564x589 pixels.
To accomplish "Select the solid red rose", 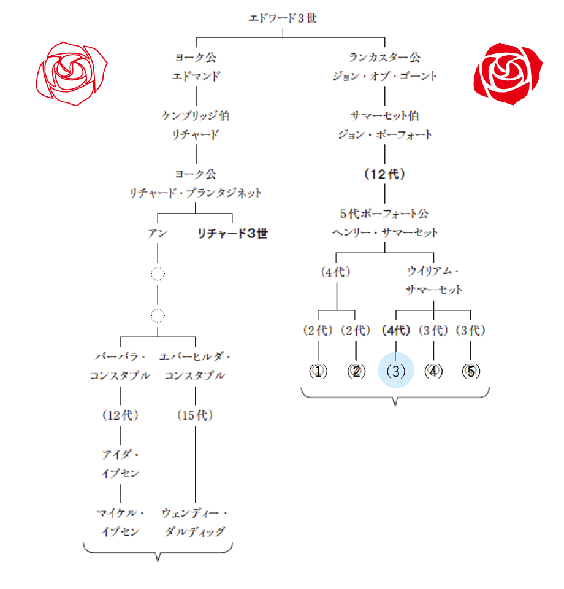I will coord(508,72).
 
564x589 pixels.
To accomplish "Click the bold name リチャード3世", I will coord(232,233).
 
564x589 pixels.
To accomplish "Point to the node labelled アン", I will coord(158,233).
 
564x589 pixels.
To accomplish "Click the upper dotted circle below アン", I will coord(158,274).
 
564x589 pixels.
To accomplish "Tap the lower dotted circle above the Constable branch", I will coord(158,316).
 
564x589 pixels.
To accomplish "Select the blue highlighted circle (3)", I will coord(396,371).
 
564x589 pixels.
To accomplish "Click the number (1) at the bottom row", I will coord(319,371).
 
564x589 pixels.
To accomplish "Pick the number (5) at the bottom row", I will coord(470,371).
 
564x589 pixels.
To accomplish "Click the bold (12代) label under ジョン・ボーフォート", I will coord(385,174).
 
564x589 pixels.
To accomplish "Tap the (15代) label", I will coord(196,415).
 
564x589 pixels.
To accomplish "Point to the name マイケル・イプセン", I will coord(120,522).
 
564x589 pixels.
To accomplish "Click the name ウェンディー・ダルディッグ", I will coord(196,522).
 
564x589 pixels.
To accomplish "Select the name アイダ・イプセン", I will coord(120,464).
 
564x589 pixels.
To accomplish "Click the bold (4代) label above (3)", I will coord(395,331).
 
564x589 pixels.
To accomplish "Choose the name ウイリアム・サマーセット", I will coord(434,280).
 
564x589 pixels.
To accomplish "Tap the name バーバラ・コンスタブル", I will coord(120,366).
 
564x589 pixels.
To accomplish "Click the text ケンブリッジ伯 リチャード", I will coord(196,125).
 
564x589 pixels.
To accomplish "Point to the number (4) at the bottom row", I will coord(434,371).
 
